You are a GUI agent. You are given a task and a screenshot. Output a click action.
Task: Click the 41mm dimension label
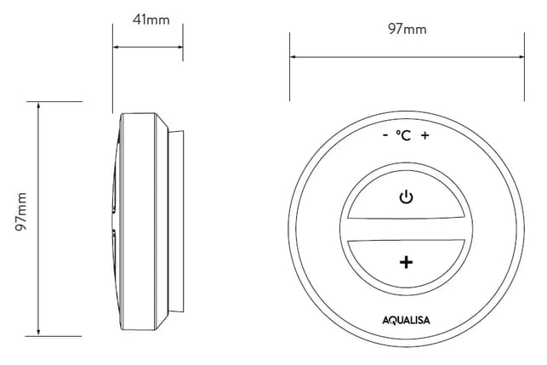point(151,20)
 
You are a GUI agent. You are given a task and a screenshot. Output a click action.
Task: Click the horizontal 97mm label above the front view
point(407,29)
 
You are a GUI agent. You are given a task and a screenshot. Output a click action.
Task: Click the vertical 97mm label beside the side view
point(21,212)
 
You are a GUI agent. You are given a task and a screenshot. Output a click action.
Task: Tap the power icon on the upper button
point(406,197)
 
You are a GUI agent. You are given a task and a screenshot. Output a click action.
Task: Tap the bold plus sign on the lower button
point(406,262)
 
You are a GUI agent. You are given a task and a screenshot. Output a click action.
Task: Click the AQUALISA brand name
point(406,320)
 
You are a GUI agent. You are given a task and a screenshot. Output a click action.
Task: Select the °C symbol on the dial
point(403,135)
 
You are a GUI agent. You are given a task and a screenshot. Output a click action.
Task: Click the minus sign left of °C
point(385,135)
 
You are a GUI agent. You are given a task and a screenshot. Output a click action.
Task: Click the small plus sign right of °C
point(424,135)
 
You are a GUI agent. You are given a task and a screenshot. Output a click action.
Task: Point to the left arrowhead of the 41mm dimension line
point(115,47)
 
